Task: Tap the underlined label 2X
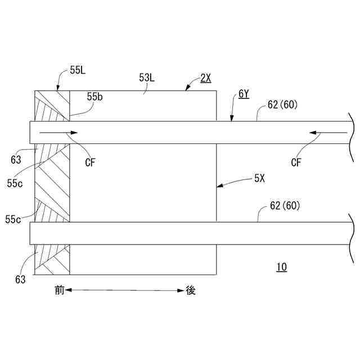[206, 78]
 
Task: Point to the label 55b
[95, 98]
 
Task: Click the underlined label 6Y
[244, 94]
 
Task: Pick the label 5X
[259, 179]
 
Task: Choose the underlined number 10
[281, 267]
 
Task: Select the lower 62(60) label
[285, 206]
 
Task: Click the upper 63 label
[16, 160]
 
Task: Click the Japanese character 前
[60, 290]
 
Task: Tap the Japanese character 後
[191, 290]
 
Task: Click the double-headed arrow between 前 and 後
[125, 290]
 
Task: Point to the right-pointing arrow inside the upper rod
[56, 133]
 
